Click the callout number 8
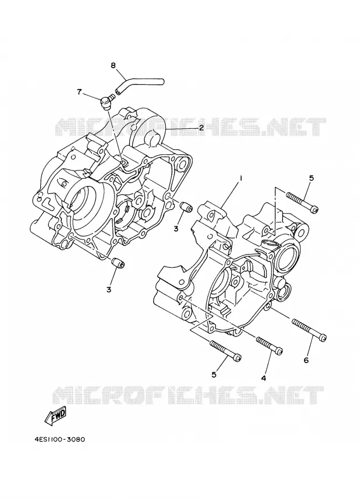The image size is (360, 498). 113,65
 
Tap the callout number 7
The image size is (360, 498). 79,92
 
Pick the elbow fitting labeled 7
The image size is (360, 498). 106,101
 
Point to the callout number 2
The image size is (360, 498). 201,128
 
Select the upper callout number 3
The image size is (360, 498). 176,228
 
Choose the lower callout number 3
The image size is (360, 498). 109,289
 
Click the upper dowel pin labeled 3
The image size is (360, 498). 185,207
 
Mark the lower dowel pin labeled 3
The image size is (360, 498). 118,263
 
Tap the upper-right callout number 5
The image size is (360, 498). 311,178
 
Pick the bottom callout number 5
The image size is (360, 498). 214,375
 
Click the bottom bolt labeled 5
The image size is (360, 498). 226,351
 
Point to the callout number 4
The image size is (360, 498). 263,377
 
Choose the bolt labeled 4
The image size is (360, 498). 269,345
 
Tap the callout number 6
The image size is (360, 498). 306,360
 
